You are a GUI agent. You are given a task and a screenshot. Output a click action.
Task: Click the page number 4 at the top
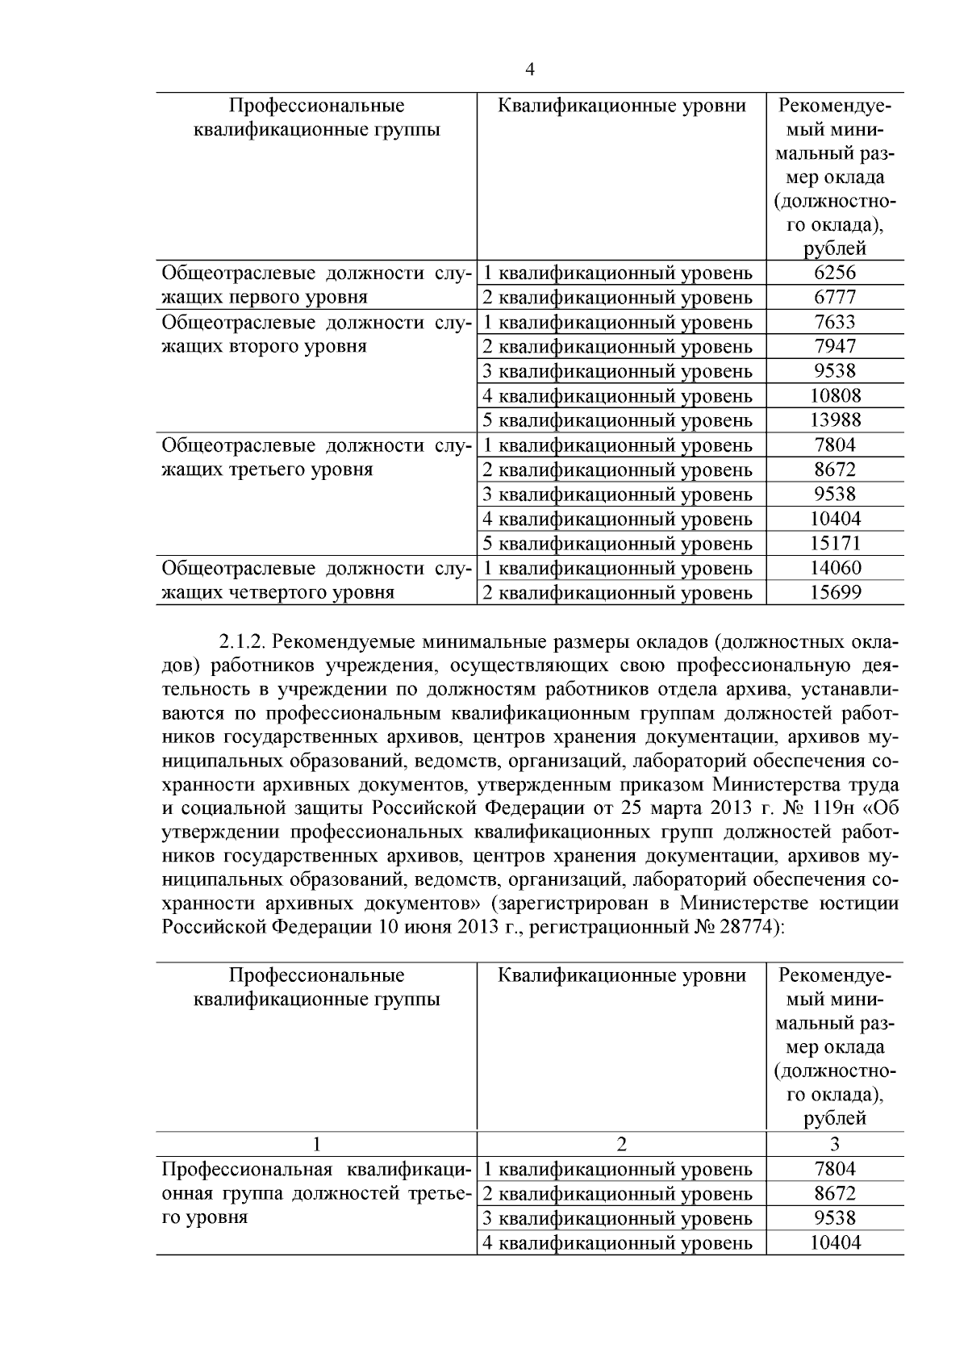530,69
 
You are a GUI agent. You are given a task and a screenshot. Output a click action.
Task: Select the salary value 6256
835,272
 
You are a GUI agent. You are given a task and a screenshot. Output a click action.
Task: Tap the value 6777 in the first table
835,297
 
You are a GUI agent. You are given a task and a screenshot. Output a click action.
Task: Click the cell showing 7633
835,322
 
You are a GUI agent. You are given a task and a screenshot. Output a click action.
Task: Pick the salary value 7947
835,346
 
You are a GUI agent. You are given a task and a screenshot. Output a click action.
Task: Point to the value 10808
835,395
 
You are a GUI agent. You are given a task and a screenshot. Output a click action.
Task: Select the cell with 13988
835,420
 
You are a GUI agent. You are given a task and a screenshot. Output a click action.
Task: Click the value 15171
835,543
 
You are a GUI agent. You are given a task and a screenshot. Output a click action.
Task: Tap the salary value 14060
835,568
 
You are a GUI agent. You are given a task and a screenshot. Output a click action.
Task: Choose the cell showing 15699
835,593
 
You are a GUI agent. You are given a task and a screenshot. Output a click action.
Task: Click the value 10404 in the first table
835,519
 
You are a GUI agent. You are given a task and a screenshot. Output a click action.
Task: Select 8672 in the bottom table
835,1193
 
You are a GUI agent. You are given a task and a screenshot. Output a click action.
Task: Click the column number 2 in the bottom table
621,1144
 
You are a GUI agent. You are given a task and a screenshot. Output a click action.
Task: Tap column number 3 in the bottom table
835,1144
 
